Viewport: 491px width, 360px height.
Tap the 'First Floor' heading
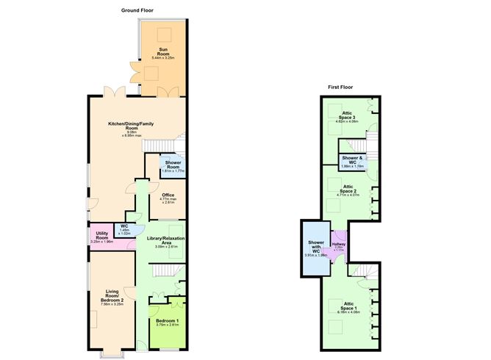click(x=340, y=87)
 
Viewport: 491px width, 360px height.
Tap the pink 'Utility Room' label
click(x=102, y=235)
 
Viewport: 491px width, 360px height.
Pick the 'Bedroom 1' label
click(x=168, y=321)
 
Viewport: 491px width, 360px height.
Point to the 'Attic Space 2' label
click(x=348, y=188)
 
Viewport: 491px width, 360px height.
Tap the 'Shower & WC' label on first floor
click(x=353, y=160)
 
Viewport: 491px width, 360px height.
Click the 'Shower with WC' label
click(x=315, y=247)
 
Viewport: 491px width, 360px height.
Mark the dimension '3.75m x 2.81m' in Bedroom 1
click(x=168, y=325)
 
